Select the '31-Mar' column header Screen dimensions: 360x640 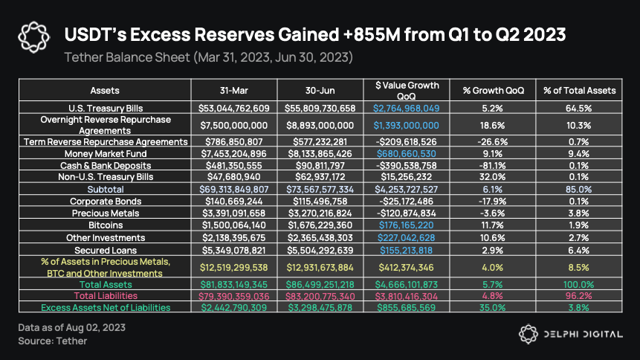[233, 90]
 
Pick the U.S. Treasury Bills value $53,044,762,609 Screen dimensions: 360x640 [233, 108]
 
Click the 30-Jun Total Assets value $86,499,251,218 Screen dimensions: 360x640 [321, 284]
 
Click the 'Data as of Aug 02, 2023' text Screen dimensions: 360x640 [71, 328]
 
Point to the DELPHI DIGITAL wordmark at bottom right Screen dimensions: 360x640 [583, 334]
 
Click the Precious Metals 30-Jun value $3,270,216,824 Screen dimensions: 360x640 [321, 213]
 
